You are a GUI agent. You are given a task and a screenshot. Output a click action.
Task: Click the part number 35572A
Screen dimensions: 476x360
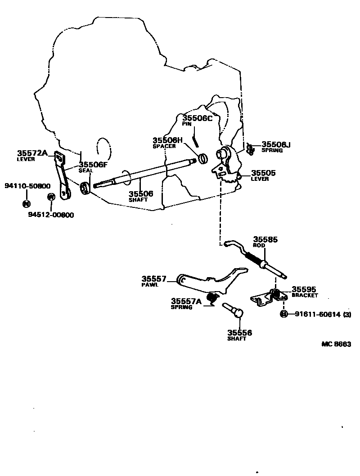coord(32,153)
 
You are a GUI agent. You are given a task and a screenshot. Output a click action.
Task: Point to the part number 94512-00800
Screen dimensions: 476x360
coord(51,215)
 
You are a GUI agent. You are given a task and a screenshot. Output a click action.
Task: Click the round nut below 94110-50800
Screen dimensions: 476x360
coord(26,203)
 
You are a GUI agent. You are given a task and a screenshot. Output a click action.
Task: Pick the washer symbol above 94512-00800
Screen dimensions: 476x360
coord(51,197)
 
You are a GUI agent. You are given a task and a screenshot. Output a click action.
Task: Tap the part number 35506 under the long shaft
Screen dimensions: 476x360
coord(141,193)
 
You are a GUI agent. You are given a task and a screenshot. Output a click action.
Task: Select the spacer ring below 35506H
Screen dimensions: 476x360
coord(202,158)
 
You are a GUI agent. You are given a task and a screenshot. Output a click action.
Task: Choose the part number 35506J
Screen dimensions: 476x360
coord(276,144)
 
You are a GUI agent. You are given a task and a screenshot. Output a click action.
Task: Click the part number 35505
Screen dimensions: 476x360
coord(263,173)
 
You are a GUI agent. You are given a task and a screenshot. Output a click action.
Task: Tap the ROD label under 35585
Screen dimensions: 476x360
coord(259,246)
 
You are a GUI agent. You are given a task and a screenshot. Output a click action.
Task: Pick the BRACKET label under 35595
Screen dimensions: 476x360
coord(305,296)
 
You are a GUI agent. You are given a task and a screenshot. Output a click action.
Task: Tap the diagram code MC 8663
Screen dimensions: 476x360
coord(336,344)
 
